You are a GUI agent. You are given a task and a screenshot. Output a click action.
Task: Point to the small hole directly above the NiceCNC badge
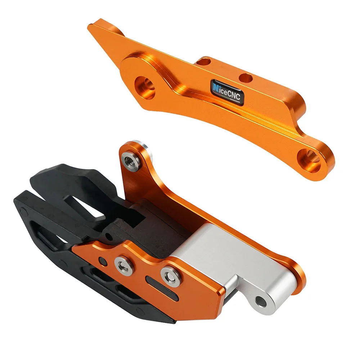[x=246, y=77]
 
